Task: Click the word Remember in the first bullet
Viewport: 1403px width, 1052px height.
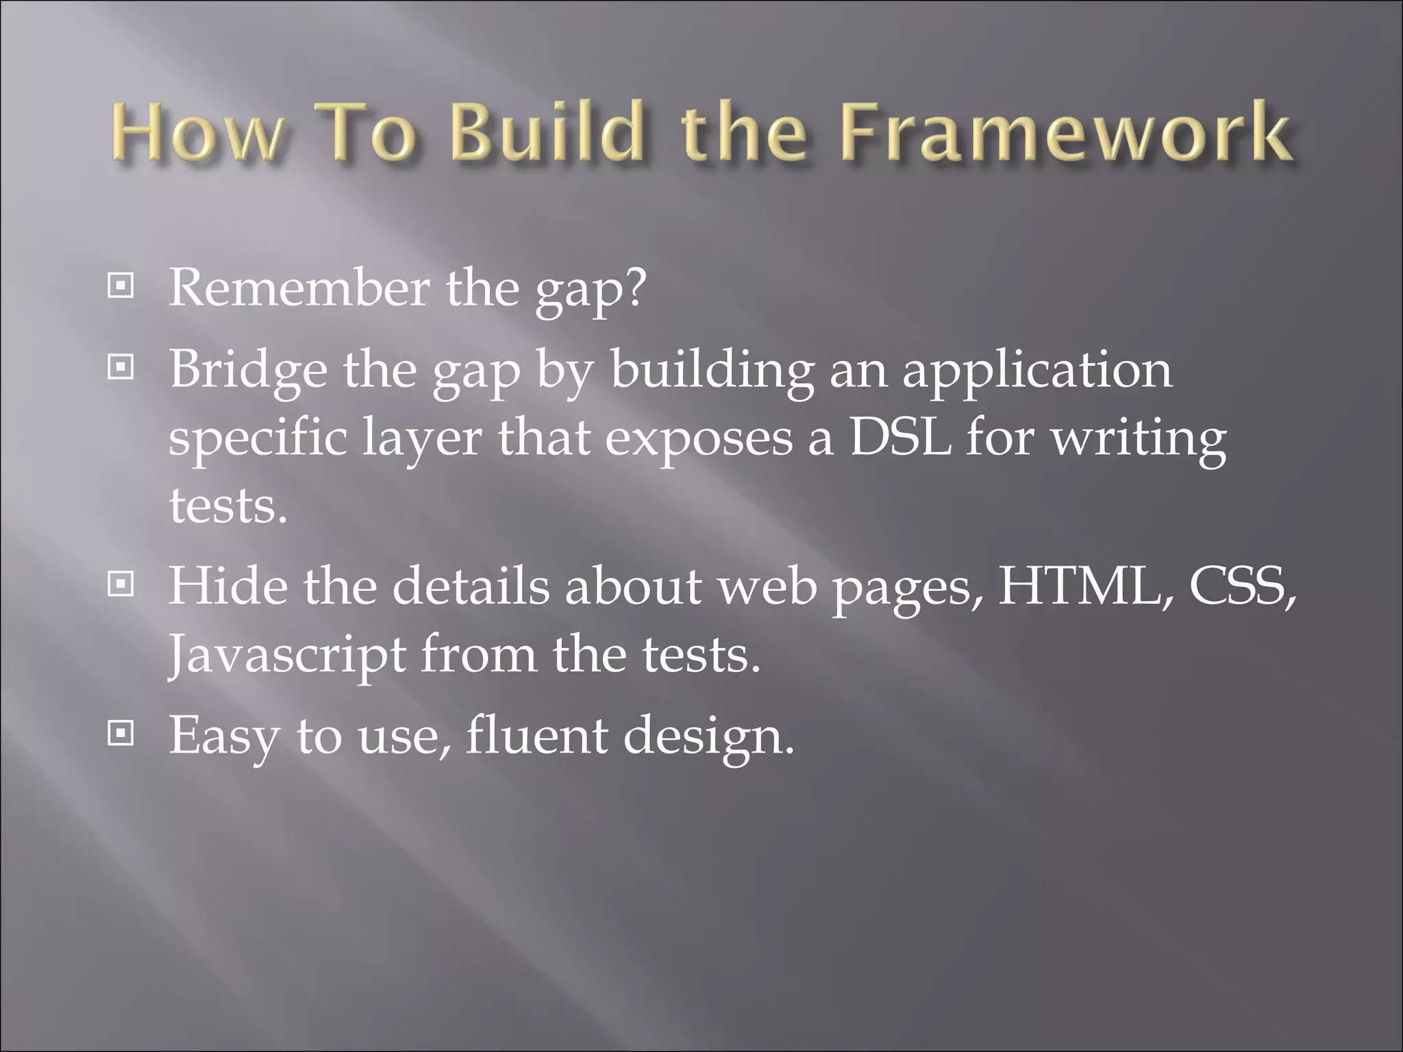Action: click(x=299, y=288)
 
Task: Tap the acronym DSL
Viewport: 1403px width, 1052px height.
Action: click(x=900, y=438)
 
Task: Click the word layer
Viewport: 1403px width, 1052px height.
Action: click(x=422, y=439)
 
